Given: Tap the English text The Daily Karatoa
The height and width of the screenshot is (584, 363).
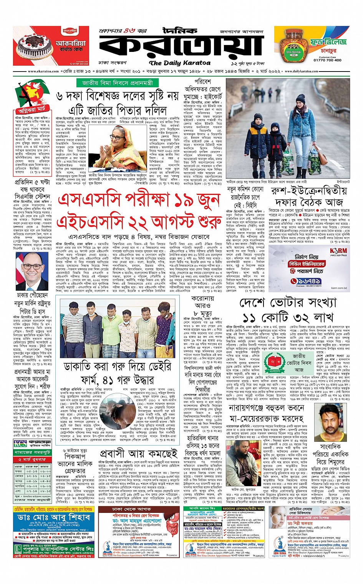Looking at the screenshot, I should pyautogui.click(x=180, y=63).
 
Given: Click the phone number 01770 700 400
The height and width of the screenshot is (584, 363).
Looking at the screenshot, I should pyautogui.click(x=327, y=60).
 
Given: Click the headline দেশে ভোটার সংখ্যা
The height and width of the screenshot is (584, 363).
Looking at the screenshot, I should pyautogui.click(x=288, y=303).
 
